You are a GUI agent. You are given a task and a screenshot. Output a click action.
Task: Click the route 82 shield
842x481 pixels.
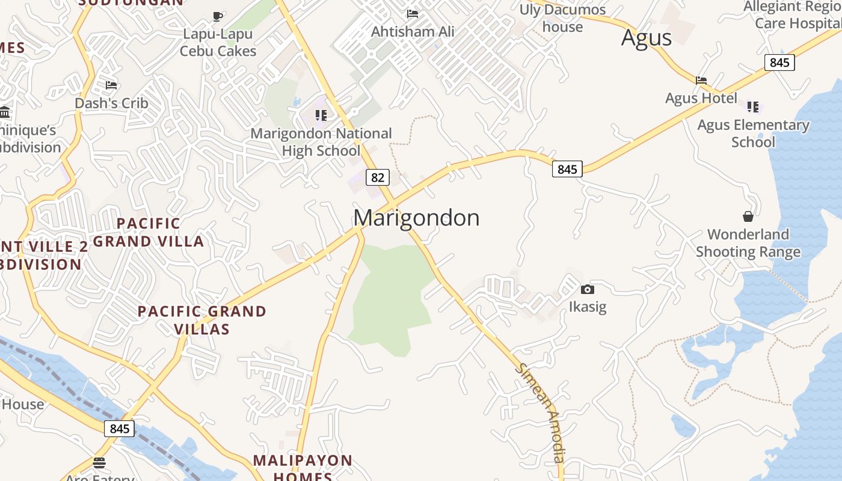(x=377, y=177)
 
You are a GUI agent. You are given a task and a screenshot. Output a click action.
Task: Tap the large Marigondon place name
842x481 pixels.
(x=416, y=218)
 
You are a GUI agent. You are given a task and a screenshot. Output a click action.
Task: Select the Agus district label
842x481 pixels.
(x=646, y=38)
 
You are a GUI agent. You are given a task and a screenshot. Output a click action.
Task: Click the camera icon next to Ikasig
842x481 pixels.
(x=588, y=289)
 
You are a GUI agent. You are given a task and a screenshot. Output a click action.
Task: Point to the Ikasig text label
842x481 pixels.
(x=588, y=307)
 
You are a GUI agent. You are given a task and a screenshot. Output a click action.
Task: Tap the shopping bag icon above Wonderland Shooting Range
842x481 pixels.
(x=748, y=216)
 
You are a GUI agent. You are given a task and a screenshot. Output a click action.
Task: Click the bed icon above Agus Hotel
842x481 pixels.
(x=701, y=80)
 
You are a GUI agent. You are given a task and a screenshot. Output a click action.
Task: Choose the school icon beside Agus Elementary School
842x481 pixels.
(x=752, y=107)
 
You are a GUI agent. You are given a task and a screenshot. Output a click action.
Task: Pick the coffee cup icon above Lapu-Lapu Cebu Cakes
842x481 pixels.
(x=218, y=16)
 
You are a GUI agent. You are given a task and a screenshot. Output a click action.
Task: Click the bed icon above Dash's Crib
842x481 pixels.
(x=111, y=85)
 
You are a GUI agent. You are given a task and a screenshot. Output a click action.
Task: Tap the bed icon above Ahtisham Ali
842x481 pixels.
(x=412, y=13)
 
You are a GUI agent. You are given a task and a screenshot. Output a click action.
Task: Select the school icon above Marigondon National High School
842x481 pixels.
(x=321, y=115)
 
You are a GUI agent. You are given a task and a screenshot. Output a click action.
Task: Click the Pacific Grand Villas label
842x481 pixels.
(x=202, y=320)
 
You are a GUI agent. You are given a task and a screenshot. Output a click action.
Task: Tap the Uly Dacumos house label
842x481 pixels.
(x=563, y=18)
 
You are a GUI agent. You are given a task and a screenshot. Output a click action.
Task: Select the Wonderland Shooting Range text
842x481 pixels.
(x=748, y=243)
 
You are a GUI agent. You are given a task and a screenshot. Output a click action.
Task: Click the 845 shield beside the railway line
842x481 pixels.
(x=119, y=429)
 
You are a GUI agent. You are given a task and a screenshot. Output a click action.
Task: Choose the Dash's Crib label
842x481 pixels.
(x=111, y=103)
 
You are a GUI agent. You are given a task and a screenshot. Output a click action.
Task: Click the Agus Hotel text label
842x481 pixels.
(x=701, y=98)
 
